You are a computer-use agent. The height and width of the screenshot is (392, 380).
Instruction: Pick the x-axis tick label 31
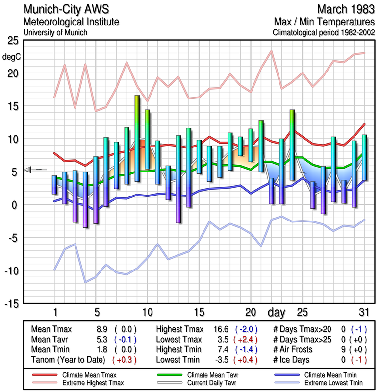[362, 312]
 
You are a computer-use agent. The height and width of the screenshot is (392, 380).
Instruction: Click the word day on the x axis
[277, 312]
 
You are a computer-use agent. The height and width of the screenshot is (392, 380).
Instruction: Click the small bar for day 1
[54, 184]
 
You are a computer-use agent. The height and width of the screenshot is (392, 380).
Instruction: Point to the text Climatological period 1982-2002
[324, 33]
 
